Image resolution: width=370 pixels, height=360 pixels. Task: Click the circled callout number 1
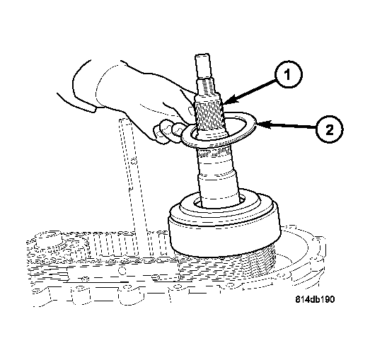click(x=288, y=74)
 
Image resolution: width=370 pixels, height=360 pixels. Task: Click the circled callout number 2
click(x=330, y=129)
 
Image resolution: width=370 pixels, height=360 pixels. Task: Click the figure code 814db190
click(x=315, y=299)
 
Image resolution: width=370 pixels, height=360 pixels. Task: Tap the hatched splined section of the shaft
click(x=209, y=115)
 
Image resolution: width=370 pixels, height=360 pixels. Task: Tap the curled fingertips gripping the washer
click(x=168, y=132)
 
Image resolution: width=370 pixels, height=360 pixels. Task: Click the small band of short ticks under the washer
click(x=213, y=154)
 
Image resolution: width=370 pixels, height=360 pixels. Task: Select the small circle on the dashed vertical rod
click(x=134, y=162)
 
